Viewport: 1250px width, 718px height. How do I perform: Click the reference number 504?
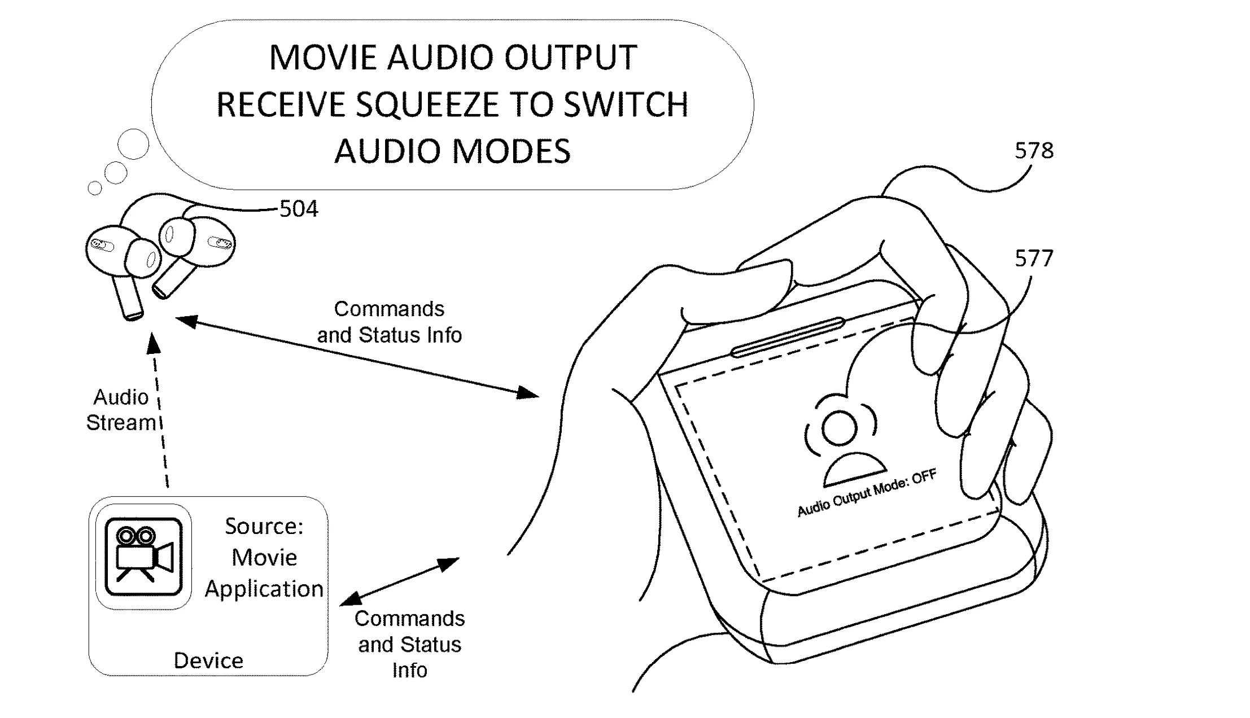click(x=299, y=209)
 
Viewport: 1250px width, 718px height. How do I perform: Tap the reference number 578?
click(x=1034, y=151)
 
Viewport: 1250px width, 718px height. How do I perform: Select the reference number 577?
click(x=1034, y=259)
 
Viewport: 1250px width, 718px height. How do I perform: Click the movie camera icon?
click(x=143, y=556)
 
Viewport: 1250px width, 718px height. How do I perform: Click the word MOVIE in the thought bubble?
click(x=323, y=58)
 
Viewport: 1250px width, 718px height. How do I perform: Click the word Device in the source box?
click(x=208, y=660)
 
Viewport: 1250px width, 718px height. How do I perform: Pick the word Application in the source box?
click(x=264, y=589)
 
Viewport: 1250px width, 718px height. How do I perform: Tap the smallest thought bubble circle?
click(x=95, y=188)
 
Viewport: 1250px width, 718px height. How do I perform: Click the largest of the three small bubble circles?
click(x=133, y=143)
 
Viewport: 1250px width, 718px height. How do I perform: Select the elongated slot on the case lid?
click(x=788, y=338)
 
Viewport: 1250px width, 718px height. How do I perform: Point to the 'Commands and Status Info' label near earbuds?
click(x=389, y=322)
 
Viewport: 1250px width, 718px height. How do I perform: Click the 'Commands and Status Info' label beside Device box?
click(x=409, y=644)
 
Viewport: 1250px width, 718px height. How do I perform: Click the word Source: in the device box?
click(x=264, y=526)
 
